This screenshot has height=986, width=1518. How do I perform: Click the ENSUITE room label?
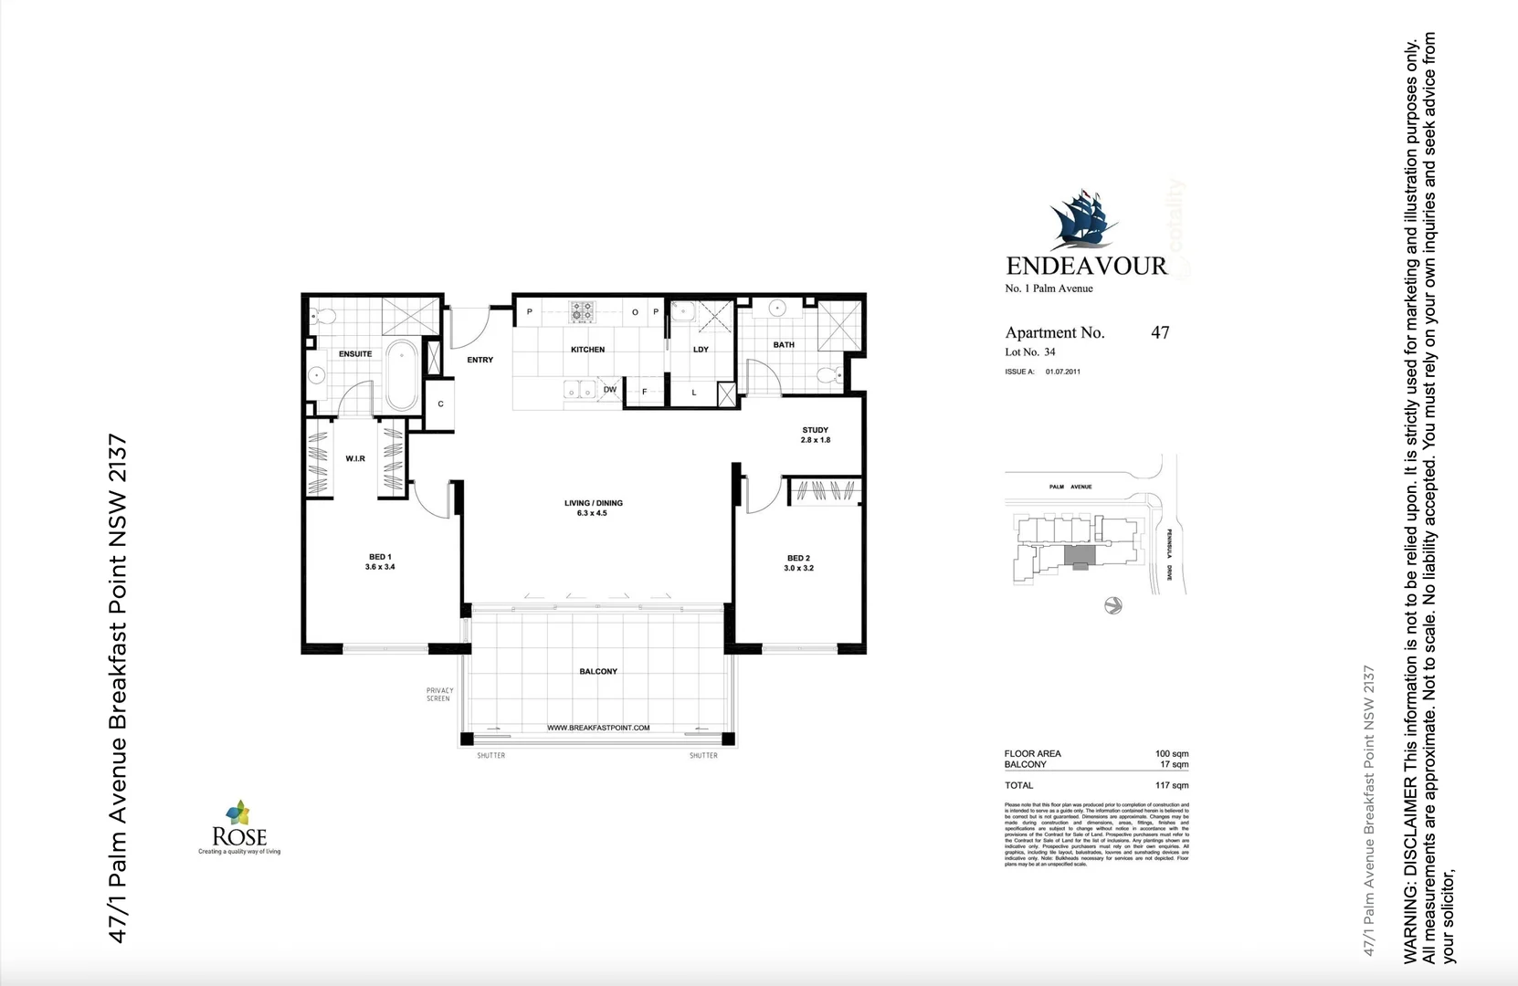tap(355, 353)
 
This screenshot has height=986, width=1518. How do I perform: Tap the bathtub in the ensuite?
tap(401, 375)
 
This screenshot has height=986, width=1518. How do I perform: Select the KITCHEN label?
tap(587, 350)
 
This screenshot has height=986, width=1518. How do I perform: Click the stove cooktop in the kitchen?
tap(582, 312)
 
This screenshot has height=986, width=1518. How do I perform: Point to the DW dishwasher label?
tap(610, 390)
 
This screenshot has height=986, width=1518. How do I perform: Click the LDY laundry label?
tap(701, 350)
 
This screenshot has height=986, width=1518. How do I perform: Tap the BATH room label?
tap(784, 345)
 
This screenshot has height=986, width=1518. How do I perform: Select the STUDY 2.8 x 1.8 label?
tap(816, 435)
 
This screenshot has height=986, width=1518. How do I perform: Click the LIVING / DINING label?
tap(593, 508)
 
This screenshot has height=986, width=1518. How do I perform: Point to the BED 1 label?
tap(380, 561)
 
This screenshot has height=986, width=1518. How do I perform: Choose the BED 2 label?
tap(798, 562)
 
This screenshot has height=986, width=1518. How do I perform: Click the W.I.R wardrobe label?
tap(355, 458)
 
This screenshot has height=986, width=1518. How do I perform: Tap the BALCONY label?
tap(598, 671)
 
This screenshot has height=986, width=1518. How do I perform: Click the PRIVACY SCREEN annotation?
tap(438, 695)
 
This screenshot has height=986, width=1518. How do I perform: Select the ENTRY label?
tap(480, 360)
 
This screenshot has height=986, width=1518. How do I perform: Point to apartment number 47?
tap(1160, 332)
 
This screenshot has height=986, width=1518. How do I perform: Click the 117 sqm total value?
tap(1172, 785)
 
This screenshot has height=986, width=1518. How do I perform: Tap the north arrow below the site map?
tap(1112, 605)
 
